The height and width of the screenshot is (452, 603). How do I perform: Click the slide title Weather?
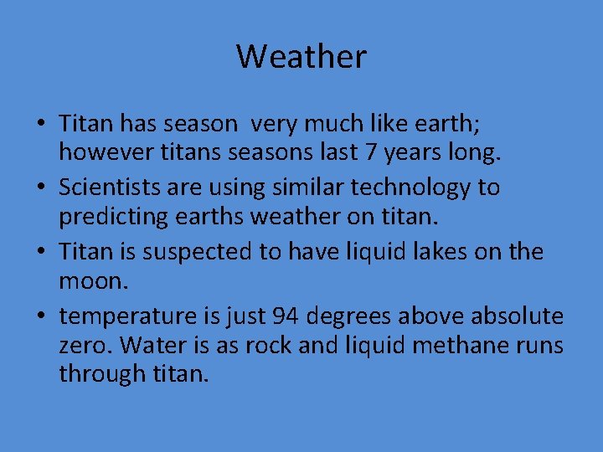pyautogui.click(x=301, y=57)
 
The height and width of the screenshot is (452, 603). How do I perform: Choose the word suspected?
pyautogui.click(x=213, y=252)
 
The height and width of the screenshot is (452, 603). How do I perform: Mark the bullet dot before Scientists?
pyautogui.click(x=40, y=188)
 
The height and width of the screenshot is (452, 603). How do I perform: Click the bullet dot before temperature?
pyautogui.click(x=40, y=317)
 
